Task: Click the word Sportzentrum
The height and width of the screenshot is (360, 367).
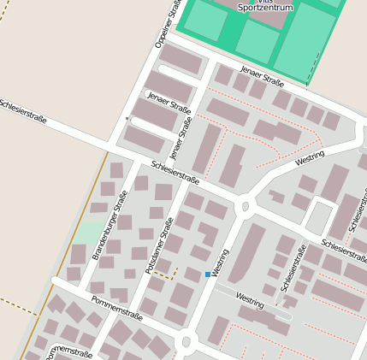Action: click(264, 7)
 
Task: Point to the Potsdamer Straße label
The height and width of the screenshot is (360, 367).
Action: click(158, 246)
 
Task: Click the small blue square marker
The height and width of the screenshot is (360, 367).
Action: click(208, 274)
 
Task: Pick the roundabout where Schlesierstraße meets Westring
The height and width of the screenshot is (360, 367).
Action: click(245, 206)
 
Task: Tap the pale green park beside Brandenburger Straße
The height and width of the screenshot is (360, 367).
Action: click(88, 233)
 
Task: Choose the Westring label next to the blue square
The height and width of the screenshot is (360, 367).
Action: click(222, 263)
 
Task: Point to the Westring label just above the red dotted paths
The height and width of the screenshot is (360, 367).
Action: click(250, 301)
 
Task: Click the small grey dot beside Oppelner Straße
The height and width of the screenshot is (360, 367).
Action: click(127, 118)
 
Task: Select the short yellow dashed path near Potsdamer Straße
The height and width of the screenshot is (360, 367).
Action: click(168, 275)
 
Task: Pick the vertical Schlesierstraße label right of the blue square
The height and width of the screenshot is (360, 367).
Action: click(293, 269)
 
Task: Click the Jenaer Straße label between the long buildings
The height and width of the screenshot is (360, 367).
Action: click(169, 107)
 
